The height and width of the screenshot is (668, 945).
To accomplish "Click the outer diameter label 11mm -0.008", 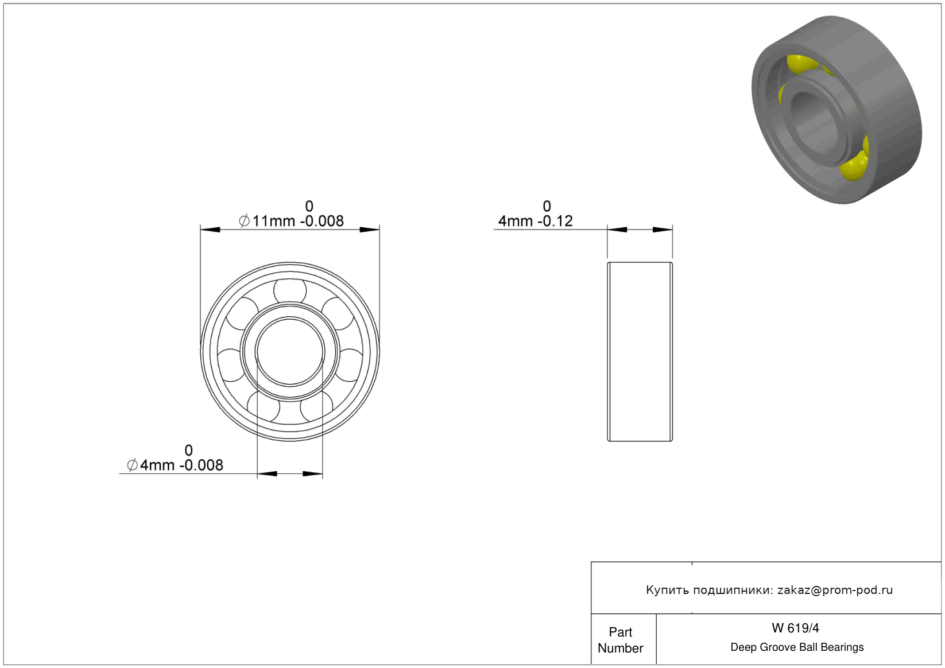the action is [298, 221].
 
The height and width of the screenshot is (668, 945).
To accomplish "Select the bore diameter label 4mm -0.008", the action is [181, 465].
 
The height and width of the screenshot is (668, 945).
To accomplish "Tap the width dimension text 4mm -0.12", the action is [535, 221].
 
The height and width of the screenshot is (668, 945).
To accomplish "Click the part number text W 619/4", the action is [795, 628].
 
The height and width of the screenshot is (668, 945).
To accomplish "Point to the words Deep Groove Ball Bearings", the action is [797, 647].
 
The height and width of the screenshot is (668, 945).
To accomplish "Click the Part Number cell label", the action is [620, 640].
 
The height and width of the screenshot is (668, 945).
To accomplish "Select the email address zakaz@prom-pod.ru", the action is [835, 590].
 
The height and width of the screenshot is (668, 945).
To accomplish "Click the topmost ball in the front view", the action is [290, 291].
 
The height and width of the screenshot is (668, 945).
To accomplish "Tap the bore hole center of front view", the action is [290, 352].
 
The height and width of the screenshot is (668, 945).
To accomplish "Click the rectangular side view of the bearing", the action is [640, 352].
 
